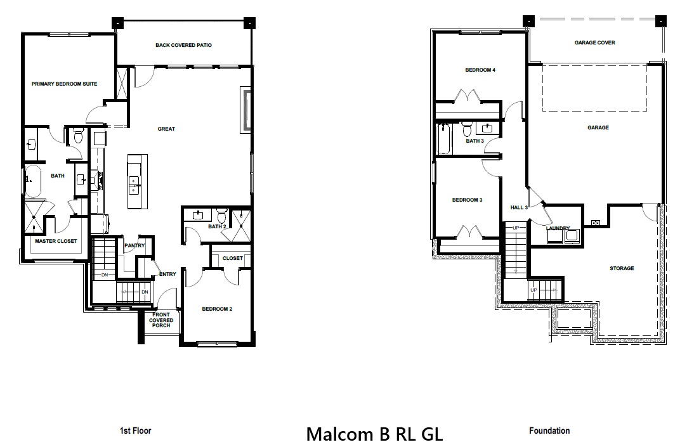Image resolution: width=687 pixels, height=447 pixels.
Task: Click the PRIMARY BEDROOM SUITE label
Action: [64, 84]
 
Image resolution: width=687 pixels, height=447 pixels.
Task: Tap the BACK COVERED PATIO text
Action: [183, 45]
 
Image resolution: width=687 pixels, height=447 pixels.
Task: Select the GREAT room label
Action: [166, 129]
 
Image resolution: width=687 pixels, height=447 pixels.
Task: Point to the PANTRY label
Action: [135, 245]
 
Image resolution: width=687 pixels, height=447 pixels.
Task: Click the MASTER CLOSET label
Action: [56, 241]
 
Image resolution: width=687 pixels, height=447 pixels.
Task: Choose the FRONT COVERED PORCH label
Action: [161, 320]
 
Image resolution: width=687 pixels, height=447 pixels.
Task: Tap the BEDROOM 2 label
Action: [217, 309]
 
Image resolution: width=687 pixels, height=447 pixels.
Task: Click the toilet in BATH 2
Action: [221, 214]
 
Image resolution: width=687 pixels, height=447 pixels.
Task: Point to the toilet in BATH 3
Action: [467, 130]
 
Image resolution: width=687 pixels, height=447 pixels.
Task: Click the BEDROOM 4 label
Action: [480, 70]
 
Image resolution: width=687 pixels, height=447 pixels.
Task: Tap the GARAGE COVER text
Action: [594, 42]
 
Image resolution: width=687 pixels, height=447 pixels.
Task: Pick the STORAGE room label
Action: [622, 268]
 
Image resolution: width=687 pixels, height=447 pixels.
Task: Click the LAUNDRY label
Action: [558, 228]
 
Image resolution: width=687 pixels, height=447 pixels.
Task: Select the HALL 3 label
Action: [519, 207]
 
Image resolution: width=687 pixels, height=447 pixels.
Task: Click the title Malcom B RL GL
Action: [374, 434]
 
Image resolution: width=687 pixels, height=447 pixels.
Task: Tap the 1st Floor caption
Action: [136, 431]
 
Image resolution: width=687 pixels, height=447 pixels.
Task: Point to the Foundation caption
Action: [549, 431]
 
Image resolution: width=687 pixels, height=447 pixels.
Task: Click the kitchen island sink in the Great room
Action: [134, 185]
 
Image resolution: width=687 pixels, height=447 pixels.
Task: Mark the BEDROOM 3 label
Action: [468, 200]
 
